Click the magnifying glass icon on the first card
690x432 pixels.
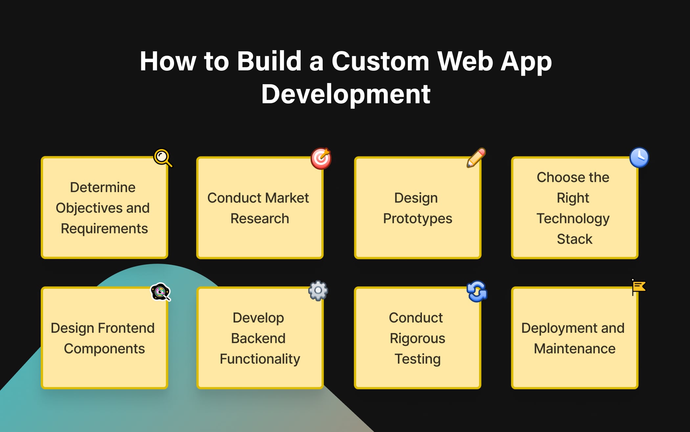click(x=163, y=158)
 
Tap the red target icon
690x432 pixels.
click(x=321, y=158)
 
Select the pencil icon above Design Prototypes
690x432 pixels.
click(x=476, y=158)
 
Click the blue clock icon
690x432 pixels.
click(x=639, y=157)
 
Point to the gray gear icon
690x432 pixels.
click(x=318, y=291)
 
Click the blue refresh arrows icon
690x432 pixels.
click(x=477, y=291)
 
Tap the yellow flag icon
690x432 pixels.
click(x=639, y=287)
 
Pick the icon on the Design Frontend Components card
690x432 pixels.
click(x=160, y=292)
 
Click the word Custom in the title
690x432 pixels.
click(x=380, y=61)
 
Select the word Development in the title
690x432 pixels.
click(x=346, y=94)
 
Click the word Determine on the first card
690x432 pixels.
click(x=103, y=187)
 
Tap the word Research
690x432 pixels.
click(x=260, y=219)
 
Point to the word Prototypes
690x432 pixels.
click(x=417, y=219)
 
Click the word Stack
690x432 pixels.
click(x=574, y=239)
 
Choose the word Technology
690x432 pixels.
click(x=573, y=219)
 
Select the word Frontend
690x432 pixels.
click(x=126, y=328)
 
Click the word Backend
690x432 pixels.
click(x=258, y=338)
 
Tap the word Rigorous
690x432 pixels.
click(x=417, y=338)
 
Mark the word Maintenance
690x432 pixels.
click(x=574, y=348)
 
